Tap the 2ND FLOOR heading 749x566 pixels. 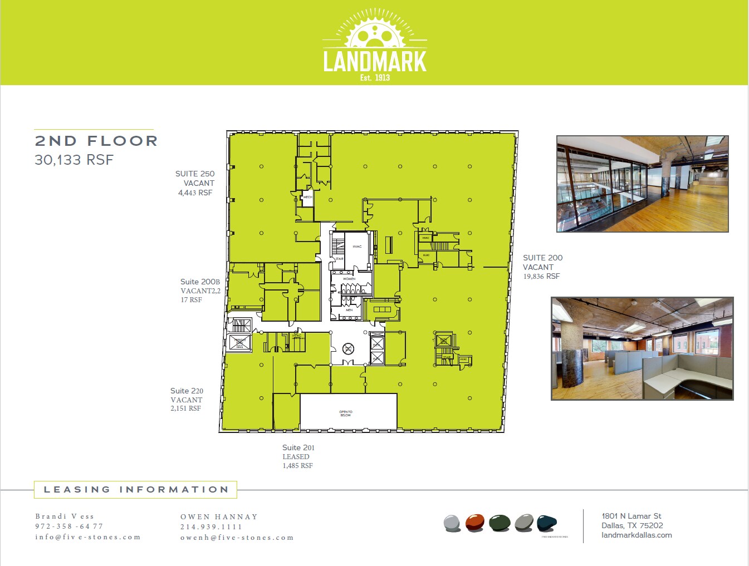(96, 141)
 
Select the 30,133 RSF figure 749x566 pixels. (74, 160)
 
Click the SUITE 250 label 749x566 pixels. (195, 174)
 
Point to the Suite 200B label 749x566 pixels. (200, 282)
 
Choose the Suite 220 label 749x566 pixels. (187, 391)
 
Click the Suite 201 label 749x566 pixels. (298, 447)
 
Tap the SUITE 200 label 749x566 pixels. (542, 258)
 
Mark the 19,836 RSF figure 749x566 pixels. (541, 277)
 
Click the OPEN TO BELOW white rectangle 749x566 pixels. (348, 412)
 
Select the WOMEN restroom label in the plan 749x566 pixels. (349, 279)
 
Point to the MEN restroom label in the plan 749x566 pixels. (349, 310)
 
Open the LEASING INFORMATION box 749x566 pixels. (136, 490)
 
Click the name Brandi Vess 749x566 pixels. (65, 516)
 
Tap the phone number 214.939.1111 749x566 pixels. (211, 527)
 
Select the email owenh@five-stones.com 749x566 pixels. (237, 538)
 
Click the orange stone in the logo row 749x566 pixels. (475, 523)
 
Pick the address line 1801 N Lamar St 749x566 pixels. (631, 516)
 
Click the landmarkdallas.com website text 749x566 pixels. (637, 535)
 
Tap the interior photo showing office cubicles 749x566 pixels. (642, 348)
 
